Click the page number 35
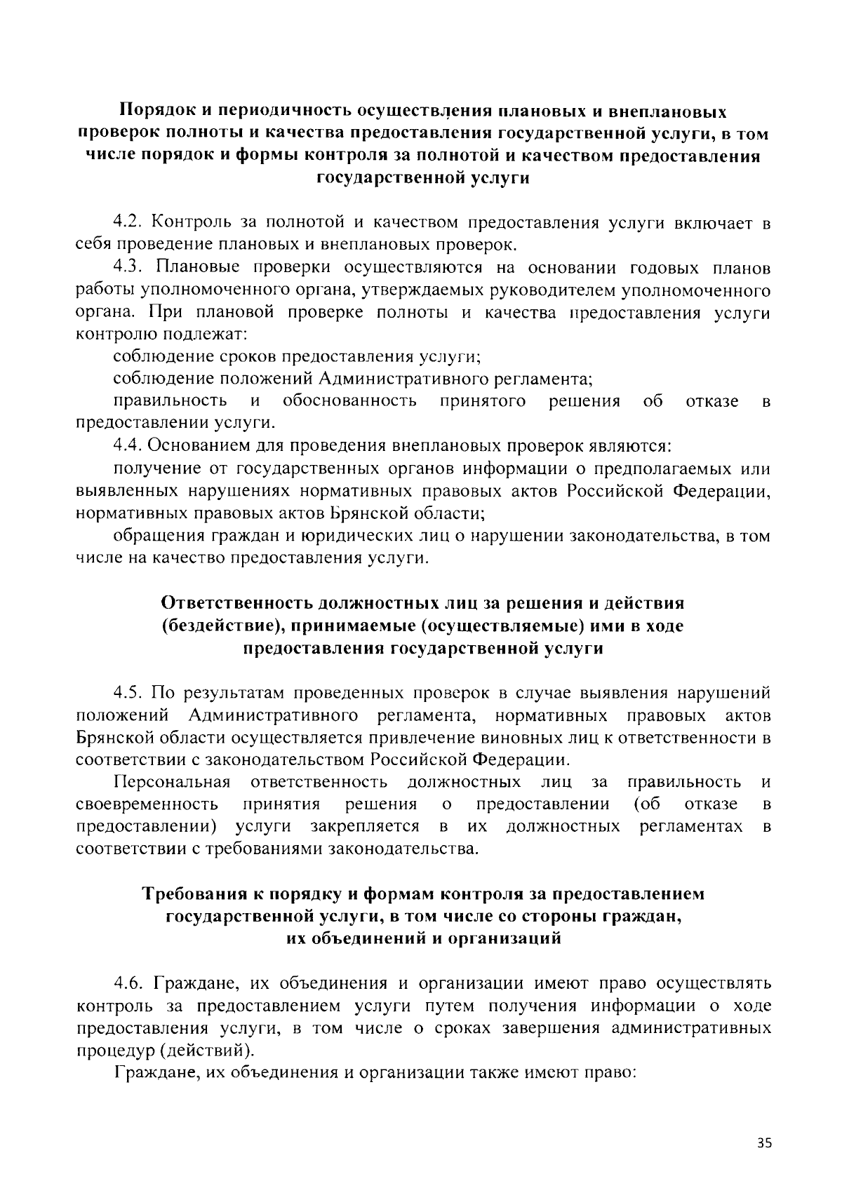(764, 1142)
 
